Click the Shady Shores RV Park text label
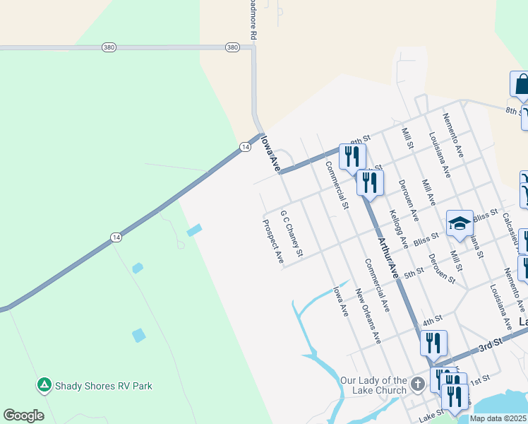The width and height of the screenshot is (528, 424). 104,386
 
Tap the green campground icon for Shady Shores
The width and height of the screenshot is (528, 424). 44,385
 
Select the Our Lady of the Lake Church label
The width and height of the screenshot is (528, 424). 373,385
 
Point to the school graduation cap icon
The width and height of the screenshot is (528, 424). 460,223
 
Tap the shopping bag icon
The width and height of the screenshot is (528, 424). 521,84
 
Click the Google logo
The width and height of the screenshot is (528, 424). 23,416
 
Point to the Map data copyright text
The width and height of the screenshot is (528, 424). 498,418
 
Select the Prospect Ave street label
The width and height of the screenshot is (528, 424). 272,242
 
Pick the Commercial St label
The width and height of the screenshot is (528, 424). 337,185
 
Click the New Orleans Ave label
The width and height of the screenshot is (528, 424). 368,316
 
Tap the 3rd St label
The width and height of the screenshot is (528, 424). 489,342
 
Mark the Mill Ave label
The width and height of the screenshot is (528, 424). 428,192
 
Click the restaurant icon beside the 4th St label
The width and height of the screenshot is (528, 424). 433,343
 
